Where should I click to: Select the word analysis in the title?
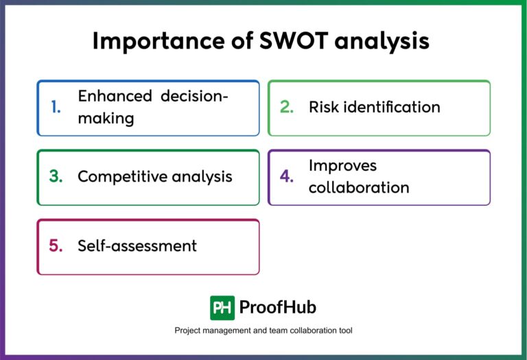pyautogui.click(x=384, y=41)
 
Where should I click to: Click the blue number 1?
pyautogui.click(x=56, y=108)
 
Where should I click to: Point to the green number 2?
pyautogui.click(x=287, y=108)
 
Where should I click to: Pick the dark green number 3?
pyautogui.click(x=56, y=177)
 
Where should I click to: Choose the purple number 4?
pyautogui.click(x=287, y=177)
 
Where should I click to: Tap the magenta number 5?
pyautogui.click(x=56, y=246)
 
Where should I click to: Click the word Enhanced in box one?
pyautogui.click(x=115, y=97)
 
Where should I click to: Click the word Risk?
pyautogui.click(x=324, y=107)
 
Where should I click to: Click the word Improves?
pyautogui.click(x=342, y=165)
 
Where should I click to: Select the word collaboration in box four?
pyautogui.click(x=359, y=187)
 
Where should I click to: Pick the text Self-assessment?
pyautogui.click(x=137, y=245)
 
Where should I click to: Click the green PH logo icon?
pyautogui.click(x=222, y=307)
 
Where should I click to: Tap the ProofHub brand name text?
pyautogui.click(x=278, y=307)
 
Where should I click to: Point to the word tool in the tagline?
pyautogui.click(x=345, y=331)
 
